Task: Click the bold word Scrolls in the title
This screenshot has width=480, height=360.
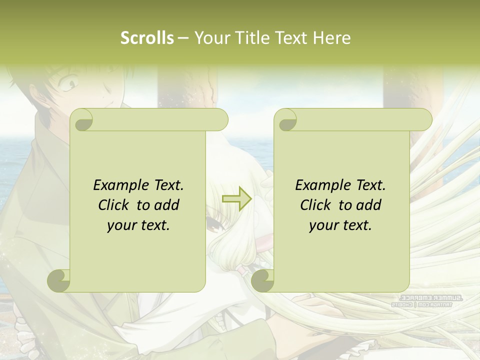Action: pyautogui.click(x=147, y=37)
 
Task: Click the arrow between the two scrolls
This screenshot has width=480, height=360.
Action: pyautogui.click(x=236, y=199)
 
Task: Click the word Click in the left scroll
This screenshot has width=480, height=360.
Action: pyautogui.click(x=114, y=205)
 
